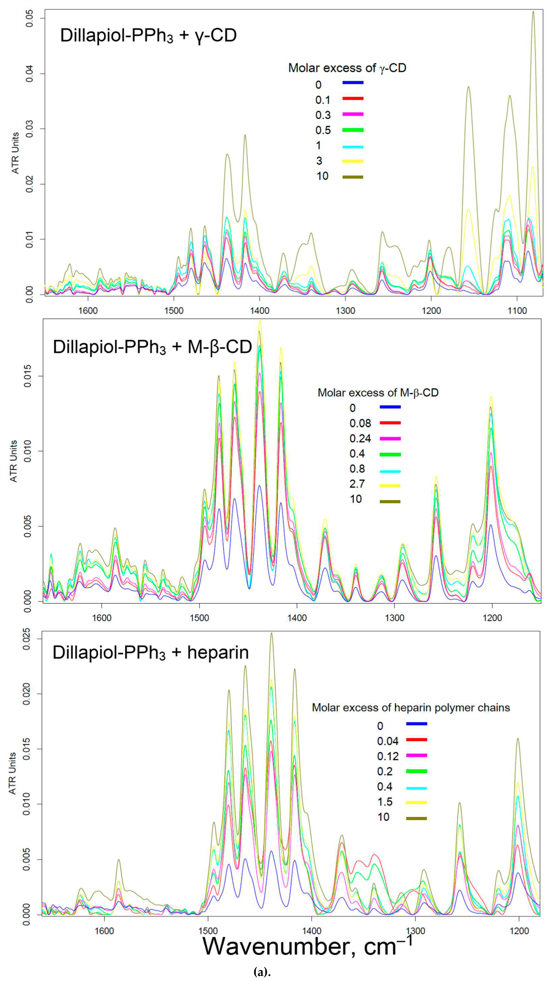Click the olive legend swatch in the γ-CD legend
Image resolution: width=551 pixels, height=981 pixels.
tap(353, 177)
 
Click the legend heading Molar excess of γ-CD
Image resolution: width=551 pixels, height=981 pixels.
tap(347, 68)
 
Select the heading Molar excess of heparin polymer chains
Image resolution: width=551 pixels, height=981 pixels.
tap(411, 708)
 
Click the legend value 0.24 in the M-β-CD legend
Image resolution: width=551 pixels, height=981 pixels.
tap(360, 439)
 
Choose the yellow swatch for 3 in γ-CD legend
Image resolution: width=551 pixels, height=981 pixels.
tap(353, 161)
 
